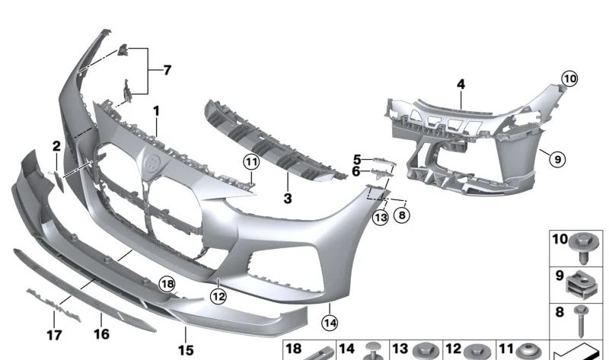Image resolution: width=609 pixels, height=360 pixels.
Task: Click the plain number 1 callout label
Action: click(x=155, y=111)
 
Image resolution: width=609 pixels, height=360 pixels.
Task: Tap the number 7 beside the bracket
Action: click(x=167, y=71)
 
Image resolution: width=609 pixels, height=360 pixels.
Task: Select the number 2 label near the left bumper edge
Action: click(x=56, y=146)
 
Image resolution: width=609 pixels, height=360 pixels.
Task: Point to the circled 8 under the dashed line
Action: click(x=402, y=215)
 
